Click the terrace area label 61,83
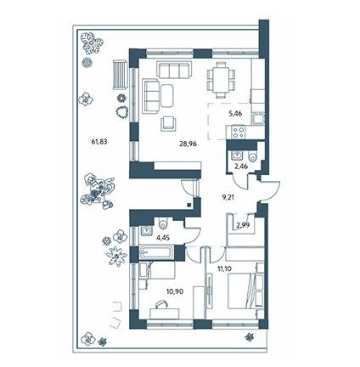(x=99, y=142)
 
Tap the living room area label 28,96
(x=188, y=144)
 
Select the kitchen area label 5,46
(x=235, y=114)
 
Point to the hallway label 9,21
(x=228, y=198)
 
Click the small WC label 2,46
(x=241, y=167)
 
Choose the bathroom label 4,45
(x=163, y=238)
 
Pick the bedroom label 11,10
(x=224, y=268)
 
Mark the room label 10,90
(x=175, y=291)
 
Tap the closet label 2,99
(x=243, y=226)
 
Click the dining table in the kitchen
(x=222, y=80)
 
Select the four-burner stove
(x=238, y=133)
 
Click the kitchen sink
(x=258, y=119)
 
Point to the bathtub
(x=156, y=252)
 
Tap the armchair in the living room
(x=168, y=124)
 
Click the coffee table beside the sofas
(x=167, y=95)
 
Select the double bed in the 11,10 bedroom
(x=245, y=291)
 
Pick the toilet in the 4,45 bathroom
(x=163, y=223)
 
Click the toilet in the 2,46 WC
(x=251, y=156)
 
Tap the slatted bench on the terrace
(x=120, y=75)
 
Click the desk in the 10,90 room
(x=165, y=313)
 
